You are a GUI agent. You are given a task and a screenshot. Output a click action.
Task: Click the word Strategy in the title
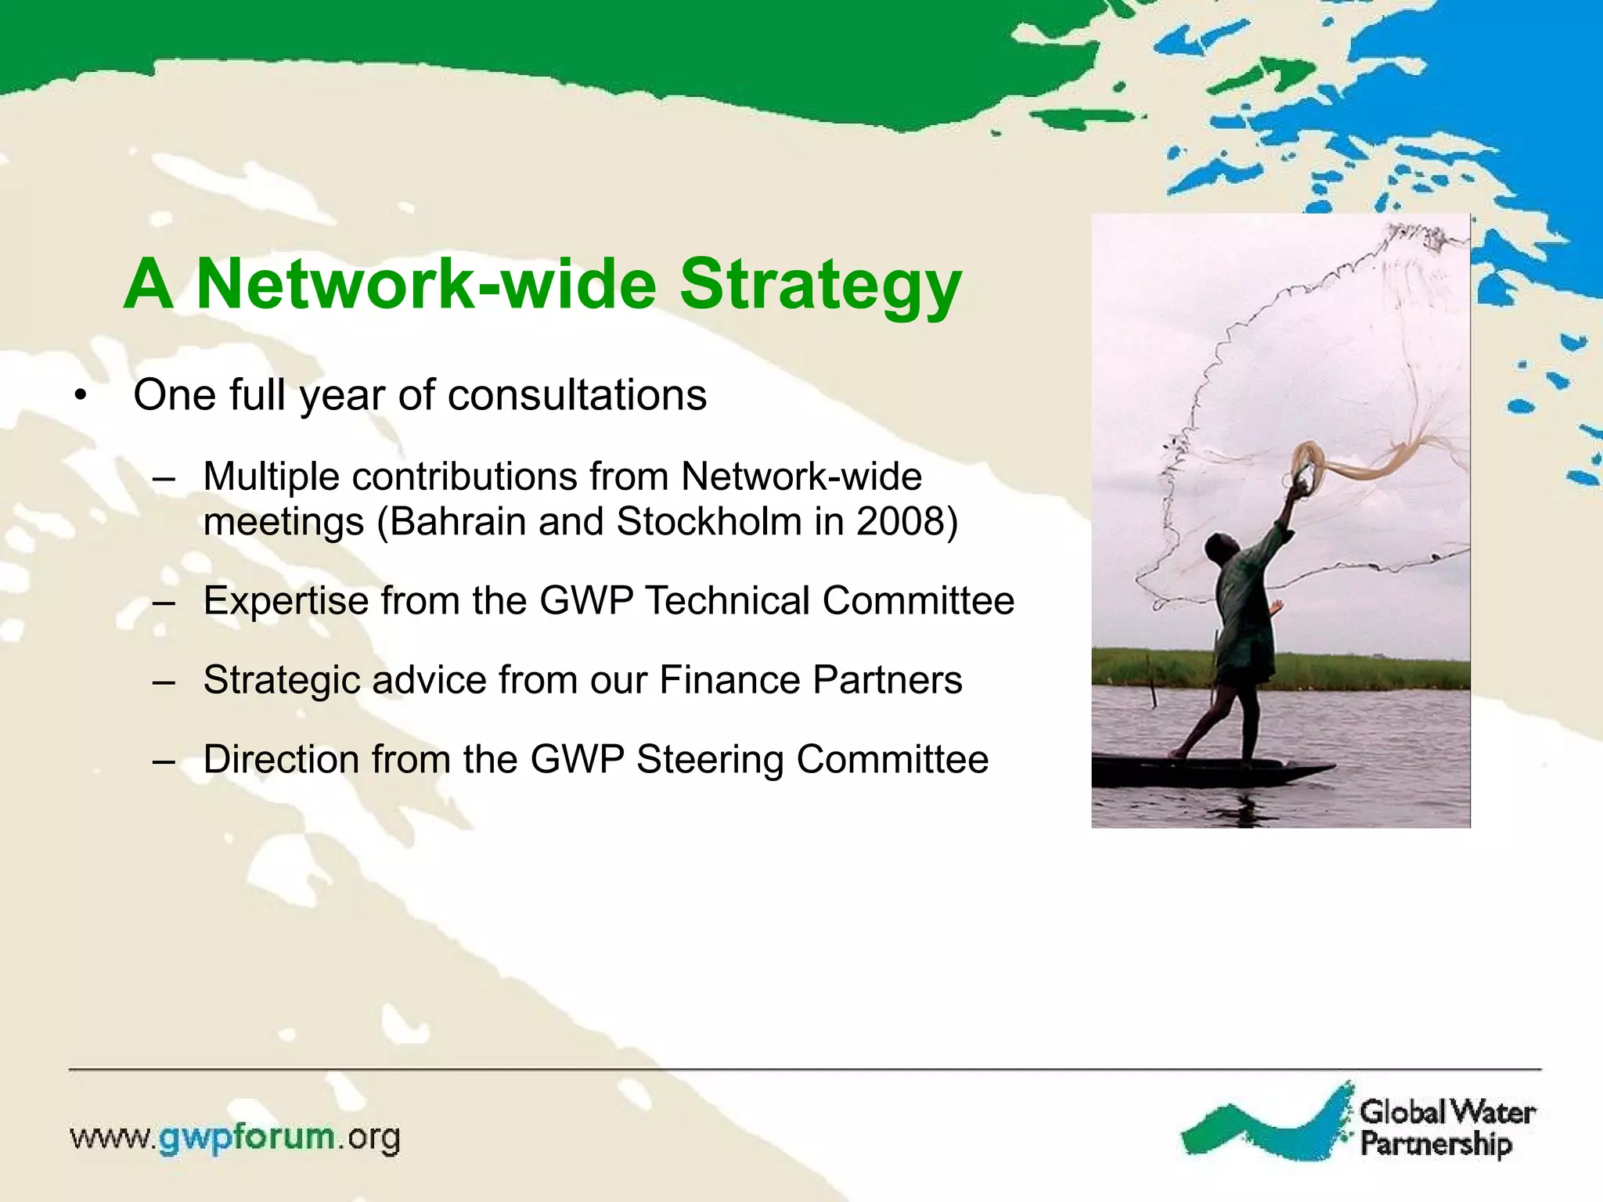(x=820, y=285)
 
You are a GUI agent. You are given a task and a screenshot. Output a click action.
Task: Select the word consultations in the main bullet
(x=577, y=394)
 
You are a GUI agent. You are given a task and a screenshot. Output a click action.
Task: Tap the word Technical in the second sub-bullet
(x=727, y=601)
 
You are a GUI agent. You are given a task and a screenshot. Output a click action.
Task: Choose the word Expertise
(x=285, y=601)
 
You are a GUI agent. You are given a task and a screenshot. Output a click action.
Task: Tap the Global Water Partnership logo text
(x=1446, y=1128)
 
